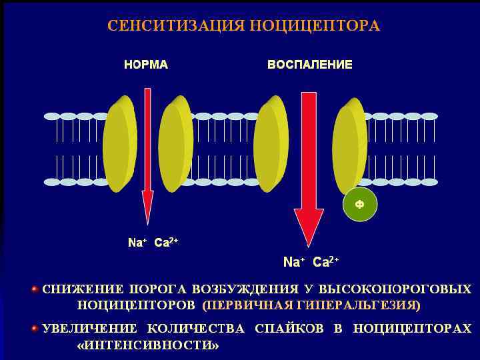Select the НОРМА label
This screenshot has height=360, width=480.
click(145, 65)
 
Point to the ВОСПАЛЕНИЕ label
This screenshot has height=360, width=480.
click(309, 65)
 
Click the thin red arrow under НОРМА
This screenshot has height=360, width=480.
click(147, 153)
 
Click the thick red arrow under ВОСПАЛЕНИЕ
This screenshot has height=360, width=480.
click(309, 167)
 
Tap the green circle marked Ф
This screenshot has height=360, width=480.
click(359, 204)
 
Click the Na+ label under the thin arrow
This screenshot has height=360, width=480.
click(137, 243)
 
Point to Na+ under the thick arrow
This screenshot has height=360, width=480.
click(293, 262)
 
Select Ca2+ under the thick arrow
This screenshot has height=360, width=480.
click(326, 261)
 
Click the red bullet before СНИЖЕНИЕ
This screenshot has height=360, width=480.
click(35, 289)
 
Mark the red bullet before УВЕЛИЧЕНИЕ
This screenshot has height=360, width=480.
click(35, 328)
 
